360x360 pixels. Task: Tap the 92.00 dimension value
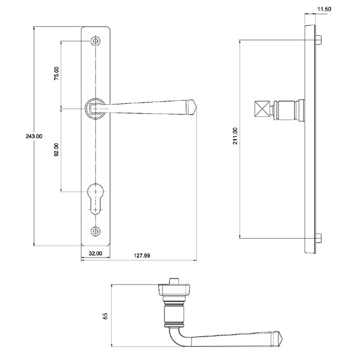pyautogui.click(x=56, y=149)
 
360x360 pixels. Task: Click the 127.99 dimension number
pyautogui.click(x=142, y=256)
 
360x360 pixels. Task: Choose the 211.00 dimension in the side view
pyautogui.click(x=235, y=136)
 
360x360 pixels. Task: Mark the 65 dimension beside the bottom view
pyautogui.click(x=106, y=316)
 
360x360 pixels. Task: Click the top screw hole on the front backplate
pyautogui.click(x=95, y=41)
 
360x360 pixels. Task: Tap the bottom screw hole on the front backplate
pyautogui.click(x=95, y=231)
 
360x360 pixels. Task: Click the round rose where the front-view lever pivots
pyautogui.click(x=95, y=108)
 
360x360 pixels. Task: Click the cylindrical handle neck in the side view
pyautogui.click(x=288, y=111)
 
